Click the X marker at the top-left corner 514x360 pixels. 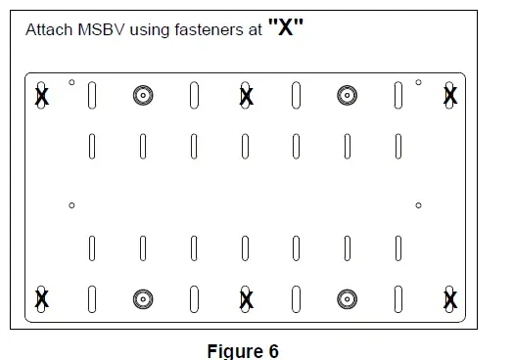pos(41,96)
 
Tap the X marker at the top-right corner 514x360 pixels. pos(449,95)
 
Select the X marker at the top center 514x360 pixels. pos(246,95)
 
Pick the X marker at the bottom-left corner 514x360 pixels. pos(41,298)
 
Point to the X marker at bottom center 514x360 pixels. pos(246,298)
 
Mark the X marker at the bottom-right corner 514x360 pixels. pos(449,298)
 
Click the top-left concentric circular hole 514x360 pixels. pos(143,95)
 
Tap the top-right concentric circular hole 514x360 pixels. pos(347,95)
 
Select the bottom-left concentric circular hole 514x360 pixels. pos(143,298)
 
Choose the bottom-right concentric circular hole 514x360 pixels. pos(347,298)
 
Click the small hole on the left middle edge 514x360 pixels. pos(71,205)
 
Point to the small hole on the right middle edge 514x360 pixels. pos(418,205)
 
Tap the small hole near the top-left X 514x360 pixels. pos(71,82)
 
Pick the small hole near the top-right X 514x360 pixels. pos(418,82)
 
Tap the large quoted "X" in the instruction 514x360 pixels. pos(286,26)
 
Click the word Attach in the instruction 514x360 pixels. pos(47,30)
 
